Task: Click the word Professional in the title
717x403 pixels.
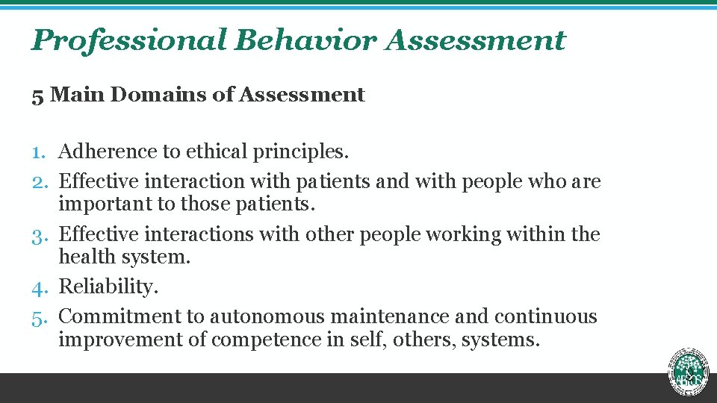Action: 128,40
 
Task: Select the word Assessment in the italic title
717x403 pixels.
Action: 476,40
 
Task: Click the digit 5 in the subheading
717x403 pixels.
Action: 37,96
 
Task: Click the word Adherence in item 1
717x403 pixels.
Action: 108,151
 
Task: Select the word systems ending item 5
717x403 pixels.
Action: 500,340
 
